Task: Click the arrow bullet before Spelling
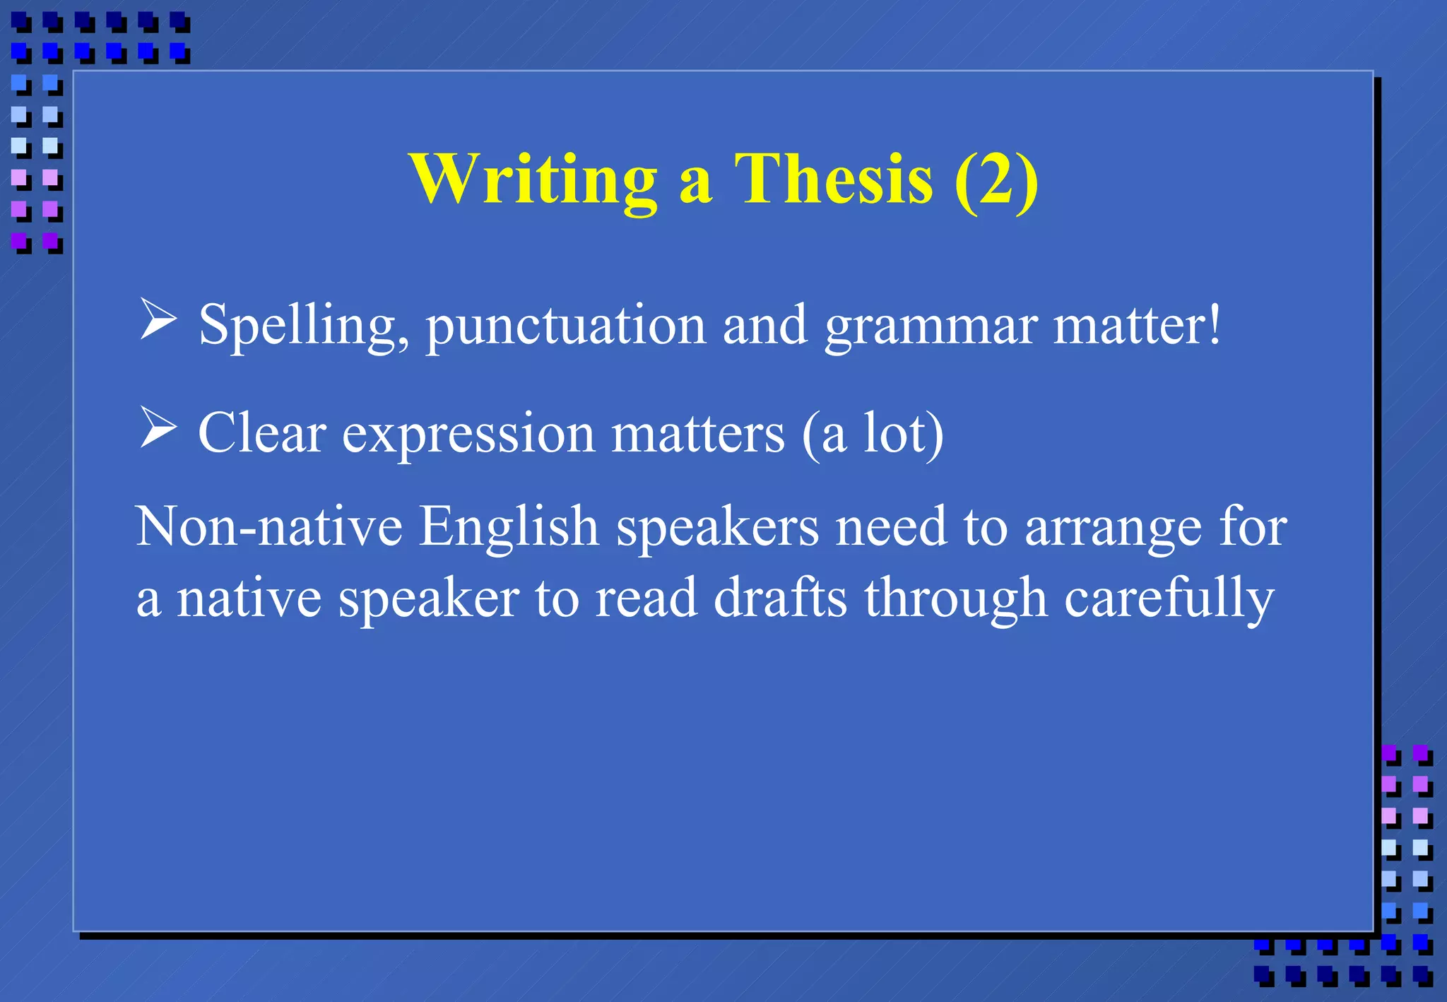(x=158, y=319)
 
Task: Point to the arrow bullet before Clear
(x=158, y=428)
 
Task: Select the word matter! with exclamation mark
(x=1137, y=325)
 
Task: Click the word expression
(x=468, y=434)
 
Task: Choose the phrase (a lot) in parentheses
(x=873, y=433)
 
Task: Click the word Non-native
(x=268, y=526)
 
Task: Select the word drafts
(x=780, y=598)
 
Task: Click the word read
(x=646, y=598)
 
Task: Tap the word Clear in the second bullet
(x=262, y=432)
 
